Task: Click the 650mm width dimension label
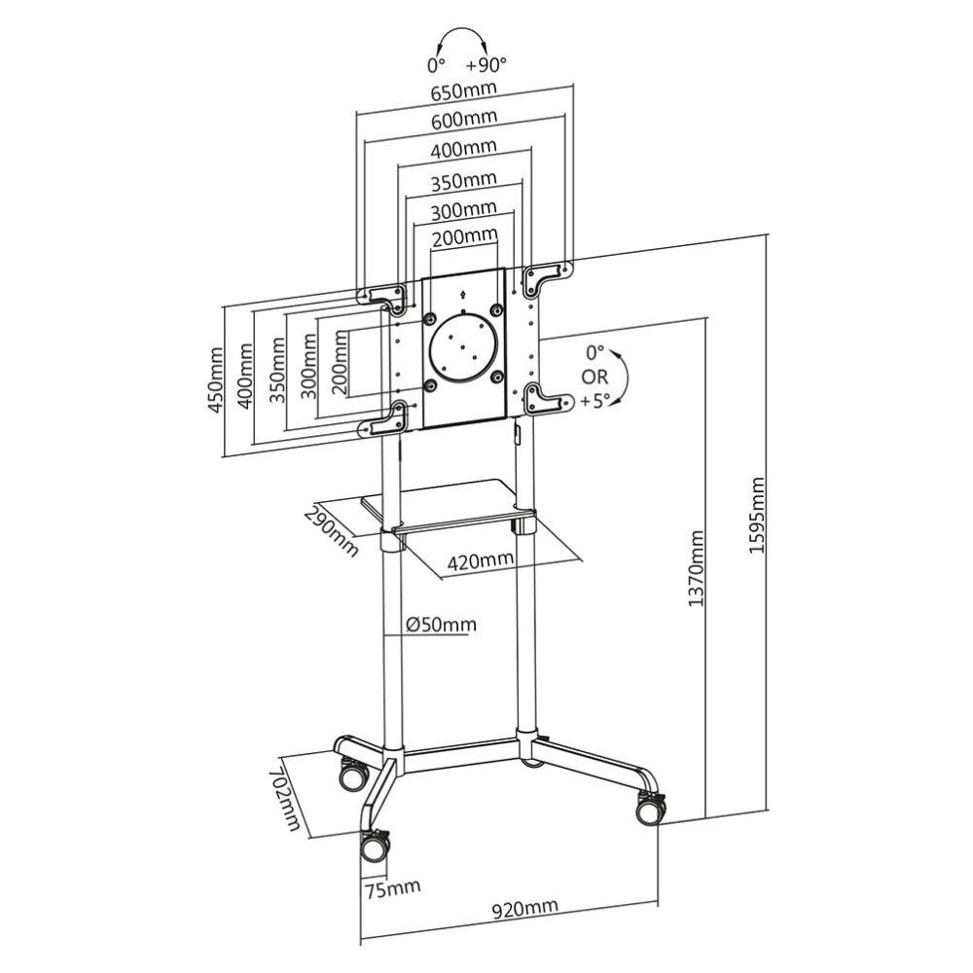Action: [463, 90]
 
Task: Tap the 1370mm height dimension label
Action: [696, 569]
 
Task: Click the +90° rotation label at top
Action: [486, 65]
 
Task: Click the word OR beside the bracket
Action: [595, 376]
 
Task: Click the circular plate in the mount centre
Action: [463, 345]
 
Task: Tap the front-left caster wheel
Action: [375, 847]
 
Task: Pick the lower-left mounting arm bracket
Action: [383, 421]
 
